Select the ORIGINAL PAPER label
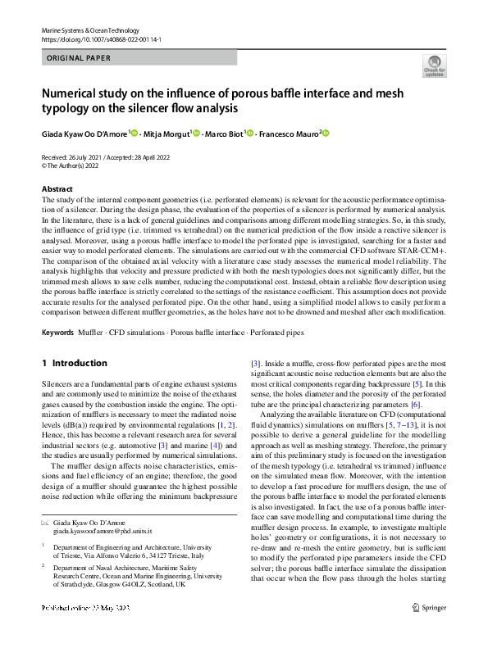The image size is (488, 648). tap(75, 58)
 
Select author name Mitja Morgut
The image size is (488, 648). tap(166, 133)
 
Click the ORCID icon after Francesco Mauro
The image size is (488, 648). tap(326, 133)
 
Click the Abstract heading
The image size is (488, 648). tap(57, 189)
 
